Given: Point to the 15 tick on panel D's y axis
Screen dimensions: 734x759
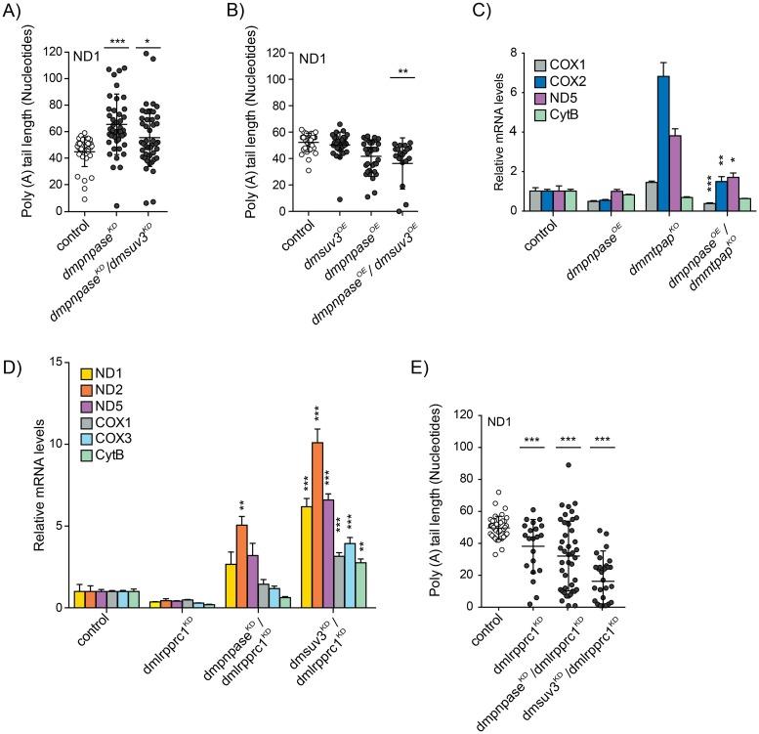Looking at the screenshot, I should (x=63, y=362).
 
